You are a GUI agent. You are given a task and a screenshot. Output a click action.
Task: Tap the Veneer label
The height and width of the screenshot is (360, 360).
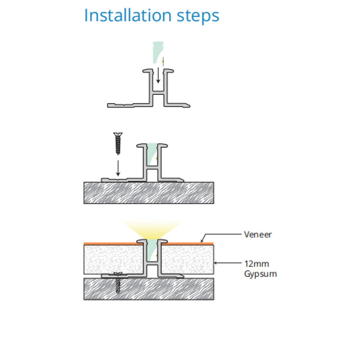(257, 234)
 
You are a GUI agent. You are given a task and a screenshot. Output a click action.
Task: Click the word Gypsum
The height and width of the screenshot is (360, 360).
(260, 274)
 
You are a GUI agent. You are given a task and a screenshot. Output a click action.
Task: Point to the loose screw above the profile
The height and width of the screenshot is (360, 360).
(118, 143)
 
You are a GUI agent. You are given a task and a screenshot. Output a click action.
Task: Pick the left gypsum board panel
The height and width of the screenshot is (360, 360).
(112, 259)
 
